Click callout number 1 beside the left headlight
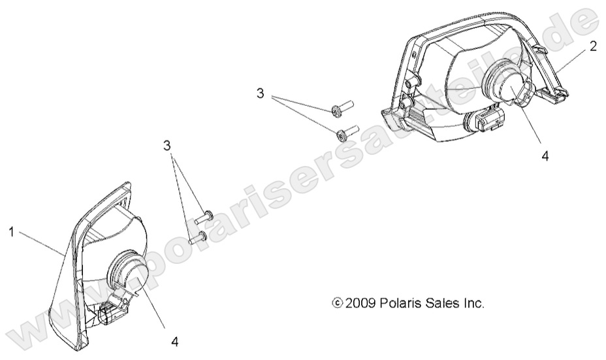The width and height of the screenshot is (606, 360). point(12,233)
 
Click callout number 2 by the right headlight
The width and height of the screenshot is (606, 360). point(593,47)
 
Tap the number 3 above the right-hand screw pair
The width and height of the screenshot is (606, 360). point(261,93)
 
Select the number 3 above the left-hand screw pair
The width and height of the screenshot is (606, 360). point(167,146)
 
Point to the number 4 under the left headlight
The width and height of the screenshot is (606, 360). point(175,341)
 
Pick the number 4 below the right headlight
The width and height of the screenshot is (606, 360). point(545,156)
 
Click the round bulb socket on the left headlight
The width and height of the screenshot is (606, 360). point(127,270)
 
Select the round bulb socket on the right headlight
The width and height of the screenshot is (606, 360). point(502,81)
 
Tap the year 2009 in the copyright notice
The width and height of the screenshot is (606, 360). point(360,303)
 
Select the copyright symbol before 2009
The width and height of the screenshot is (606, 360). point(338,303)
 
